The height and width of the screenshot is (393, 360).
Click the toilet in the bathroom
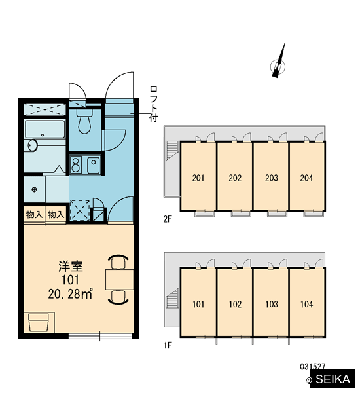84,121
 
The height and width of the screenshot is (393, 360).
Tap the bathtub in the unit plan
45,129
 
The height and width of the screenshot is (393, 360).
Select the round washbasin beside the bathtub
33,145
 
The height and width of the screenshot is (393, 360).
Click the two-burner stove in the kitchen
76,164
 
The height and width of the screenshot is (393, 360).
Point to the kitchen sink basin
94,164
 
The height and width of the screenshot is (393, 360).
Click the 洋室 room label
71,266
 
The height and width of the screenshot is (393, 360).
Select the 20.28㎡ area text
71,293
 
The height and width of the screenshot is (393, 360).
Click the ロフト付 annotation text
153,104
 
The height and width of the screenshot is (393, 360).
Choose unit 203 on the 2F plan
272,178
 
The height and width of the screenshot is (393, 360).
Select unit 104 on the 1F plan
306,304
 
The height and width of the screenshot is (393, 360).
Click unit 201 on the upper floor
198,178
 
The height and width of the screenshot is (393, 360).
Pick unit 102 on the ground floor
235,304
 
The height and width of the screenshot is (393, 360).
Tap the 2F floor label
168,219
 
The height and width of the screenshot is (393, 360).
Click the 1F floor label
168,345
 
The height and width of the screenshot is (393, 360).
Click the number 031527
312,367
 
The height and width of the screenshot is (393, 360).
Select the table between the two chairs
120,280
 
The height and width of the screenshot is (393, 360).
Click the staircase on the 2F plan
172,150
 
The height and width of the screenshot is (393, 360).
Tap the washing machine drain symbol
34,189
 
